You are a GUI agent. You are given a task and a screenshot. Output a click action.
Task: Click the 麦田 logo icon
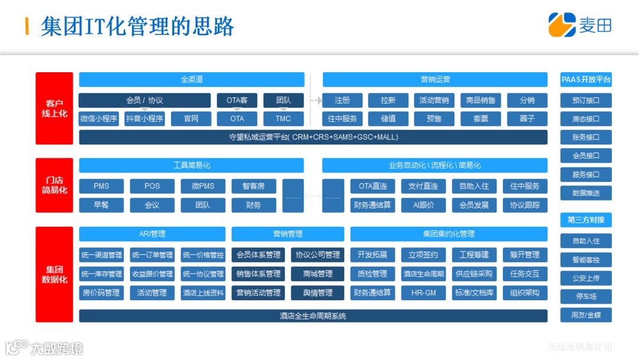[561, 25]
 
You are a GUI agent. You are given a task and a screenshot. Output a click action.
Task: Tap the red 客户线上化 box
[54, 108]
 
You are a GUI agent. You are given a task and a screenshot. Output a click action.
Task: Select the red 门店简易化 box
[54, 185]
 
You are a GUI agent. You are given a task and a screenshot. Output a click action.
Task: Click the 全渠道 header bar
[192, 79]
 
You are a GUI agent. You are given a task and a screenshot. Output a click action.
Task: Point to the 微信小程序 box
[99, 118]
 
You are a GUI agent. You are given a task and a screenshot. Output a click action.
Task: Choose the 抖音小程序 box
[145, 118]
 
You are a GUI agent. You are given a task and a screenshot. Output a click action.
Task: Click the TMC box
[283, 118]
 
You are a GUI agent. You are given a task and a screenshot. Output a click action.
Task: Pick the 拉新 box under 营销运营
[388, 101]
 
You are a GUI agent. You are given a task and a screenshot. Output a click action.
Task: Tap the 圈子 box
[527, 118]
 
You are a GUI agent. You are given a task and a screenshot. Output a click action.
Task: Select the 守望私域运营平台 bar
[313, 137]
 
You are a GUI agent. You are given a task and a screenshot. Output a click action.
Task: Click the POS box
[152, 186]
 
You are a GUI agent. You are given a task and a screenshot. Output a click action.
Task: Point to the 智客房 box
[253, 186]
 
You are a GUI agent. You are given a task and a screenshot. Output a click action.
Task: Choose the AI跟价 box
[423, 205]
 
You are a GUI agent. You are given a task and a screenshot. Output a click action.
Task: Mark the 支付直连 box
[423, 186]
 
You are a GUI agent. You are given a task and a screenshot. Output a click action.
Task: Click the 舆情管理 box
[317, 292]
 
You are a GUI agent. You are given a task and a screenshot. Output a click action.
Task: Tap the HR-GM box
[423, 292]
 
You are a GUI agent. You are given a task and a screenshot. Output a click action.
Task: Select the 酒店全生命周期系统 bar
[313, 316]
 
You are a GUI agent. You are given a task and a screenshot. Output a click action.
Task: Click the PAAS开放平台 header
[586, 79]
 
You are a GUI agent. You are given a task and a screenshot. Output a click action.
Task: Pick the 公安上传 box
[586, 278]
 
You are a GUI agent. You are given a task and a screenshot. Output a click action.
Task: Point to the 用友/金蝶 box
[586, 315]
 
